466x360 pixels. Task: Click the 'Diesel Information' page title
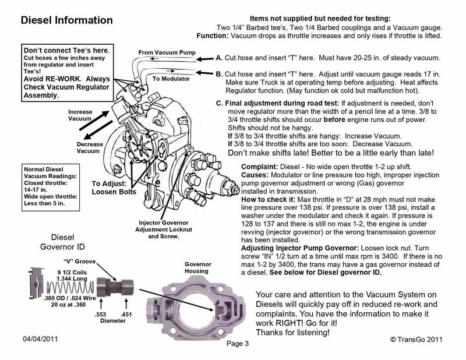tap(66, 20)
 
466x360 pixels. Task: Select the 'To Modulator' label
tap(170, 77)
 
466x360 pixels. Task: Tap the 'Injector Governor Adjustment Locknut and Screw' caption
tap(164, 229)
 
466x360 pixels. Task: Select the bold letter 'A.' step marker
tap(220, 59)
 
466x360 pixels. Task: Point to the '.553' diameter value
tap(100, 313)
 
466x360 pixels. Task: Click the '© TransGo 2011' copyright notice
tap(409, 338)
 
